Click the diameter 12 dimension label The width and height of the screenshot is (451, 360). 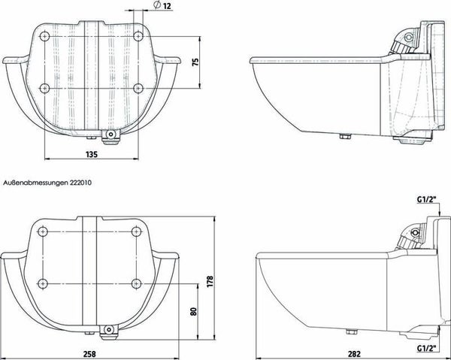(x=162, y=5)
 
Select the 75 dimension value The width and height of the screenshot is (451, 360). (x=195, y=62)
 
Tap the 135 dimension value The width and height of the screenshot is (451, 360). (x=92, y=154)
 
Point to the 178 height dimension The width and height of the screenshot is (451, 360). (x=210, y=282)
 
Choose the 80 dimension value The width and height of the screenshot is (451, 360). (x=194, y=312)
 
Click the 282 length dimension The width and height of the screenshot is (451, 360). (x=354, y=354)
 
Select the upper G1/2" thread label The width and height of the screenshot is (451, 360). (x=427, y=200)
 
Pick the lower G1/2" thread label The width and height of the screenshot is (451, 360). (x=427, y=349)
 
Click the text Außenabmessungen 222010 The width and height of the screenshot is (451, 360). (x=47, y=183)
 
